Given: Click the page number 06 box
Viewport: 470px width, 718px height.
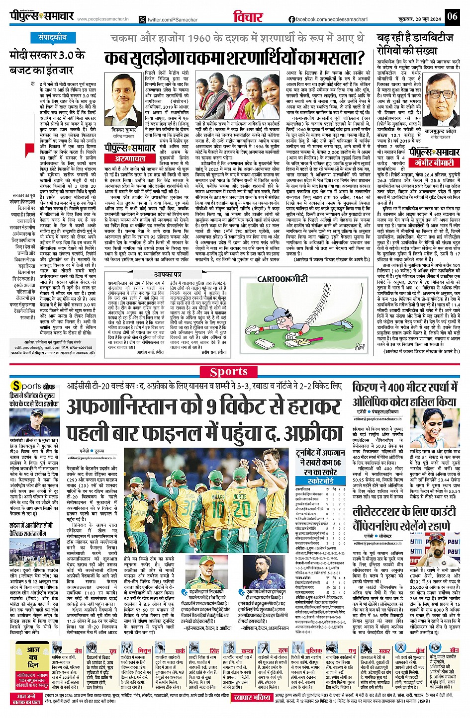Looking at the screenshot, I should pyautogui.click(x=452, y=16).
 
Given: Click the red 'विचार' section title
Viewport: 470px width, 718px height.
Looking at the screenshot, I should pyautogui.click(x=248, y=18).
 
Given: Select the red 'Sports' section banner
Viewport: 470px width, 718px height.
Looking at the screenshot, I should pyautogui.click(x=229, y=372).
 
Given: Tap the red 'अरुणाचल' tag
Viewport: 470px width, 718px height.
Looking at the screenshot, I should pyautogui.click(x=130, y=158).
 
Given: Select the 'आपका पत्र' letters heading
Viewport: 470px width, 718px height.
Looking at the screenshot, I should pyautogui.click(x=168, y=274).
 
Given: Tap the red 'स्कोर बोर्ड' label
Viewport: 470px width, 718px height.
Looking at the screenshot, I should pyautogui.click(x=321, y=481).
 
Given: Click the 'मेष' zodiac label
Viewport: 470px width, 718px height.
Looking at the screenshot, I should pyautogui.click(x=78, y=650).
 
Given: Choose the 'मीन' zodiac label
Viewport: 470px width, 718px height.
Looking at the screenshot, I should pyautogui.click(x=454, y=650).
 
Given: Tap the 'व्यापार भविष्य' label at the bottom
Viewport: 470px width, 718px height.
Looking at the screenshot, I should pyautogui.click(x=253, y=698).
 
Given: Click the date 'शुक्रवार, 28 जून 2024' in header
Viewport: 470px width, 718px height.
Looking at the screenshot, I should pyautogui.click(x=422, y=19).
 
